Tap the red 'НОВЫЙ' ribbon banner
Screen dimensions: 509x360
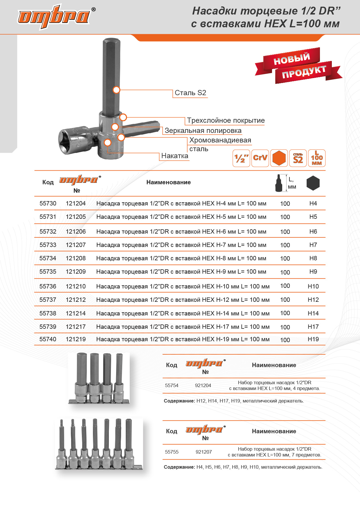[291, 59]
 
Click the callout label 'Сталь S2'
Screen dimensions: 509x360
[190, 93]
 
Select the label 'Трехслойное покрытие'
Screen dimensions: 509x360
[226, 120]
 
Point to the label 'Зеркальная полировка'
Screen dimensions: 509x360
[203, 131]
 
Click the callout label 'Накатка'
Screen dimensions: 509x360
[174, 156]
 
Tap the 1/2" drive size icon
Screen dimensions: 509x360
[241, 158]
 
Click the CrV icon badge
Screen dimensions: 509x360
[260, 158]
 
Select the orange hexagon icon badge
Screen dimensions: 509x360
[279, 158]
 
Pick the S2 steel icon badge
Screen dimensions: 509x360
[298, 158]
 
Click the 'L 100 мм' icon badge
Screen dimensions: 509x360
[317, 158]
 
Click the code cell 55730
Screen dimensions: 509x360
[48, 203]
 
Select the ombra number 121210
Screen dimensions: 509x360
[76, 286]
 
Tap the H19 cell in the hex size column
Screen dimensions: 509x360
[313, 339]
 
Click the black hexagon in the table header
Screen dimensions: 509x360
[313, 183]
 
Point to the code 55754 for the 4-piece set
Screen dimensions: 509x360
[172, 385]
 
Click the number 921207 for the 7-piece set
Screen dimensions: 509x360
[204, 452]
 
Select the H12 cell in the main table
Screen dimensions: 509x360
[313, 300]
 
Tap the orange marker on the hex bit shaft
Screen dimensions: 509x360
[116, 90]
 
